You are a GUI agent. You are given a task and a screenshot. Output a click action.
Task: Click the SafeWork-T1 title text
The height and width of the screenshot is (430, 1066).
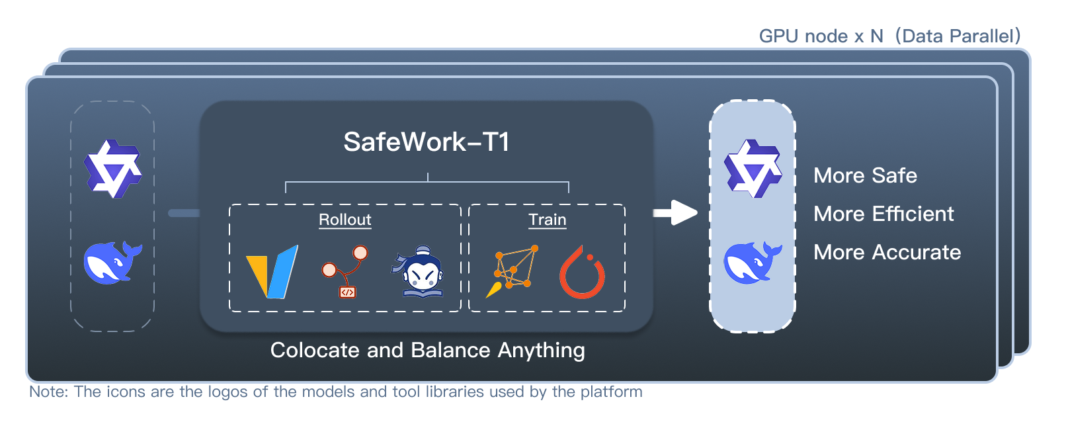pyautogui.click(x=427, y=142)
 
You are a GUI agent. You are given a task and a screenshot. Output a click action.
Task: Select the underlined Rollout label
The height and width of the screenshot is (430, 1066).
pyautogui.click(x=345, y=220)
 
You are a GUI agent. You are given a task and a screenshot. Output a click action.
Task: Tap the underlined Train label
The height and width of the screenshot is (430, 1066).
pyautogui.click(x=547, y=220)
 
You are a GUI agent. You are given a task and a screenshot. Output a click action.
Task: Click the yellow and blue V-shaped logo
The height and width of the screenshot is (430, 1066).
pyautogui.click(x=272, y=272)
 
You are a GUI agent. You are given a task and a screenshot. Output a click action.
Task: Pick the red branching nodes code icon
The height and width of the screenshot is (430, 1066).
pyautogui.click(x=345, y=271)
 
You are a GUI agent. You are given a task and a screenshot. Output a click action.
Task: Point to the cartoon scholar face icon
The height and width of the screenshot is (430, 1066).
pyautogui.click(x=417, y=273)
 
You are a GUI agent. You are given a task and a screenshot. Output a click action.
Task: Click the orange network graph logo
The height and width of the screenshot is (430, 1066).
pyautogui.click(x=512, y=271)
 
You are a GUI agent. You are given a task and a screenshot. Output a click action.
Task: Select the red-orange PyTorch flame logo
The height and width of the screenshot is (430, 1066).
pyautogui.click(x=582, y=273)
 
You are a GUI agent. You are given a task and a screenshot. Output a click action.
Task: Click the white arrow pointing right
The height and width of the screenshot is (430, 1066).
pyautogui.click(x=675, y=212)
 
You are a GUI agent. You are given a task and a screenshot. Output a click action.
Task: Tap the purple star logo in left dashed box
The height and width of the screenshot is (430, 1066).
pyautogui.click(x=112, y=169)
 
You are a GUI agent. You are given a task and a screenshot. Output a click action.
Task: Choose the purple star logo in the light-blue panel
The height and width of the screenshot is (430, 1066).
pyautogui.click(x=753, y=169)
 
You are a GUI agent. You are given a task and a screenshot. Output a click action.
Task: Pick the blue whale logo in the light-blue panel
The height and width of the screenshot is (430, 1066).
pyautogui.click(x=753, y=263)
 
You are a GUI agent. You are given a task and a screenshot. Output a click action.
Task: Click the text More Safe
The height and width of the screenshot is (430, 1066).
pyautogui.click(x=865, y=175)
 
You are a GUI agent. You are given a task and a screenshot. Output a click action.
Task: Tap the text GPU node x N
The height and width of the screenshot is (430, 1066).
pyautogui.click(x=821, y=36)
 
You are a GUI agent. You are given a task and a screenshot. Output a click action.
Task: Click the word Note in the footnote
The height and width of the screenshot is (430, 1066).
pyautogui.click(x=48, y=392)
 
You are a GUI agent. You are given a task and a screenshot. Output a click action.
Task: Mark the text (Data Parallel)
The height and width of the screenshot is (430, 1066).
pyautogui.click(x=958, y=36)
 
